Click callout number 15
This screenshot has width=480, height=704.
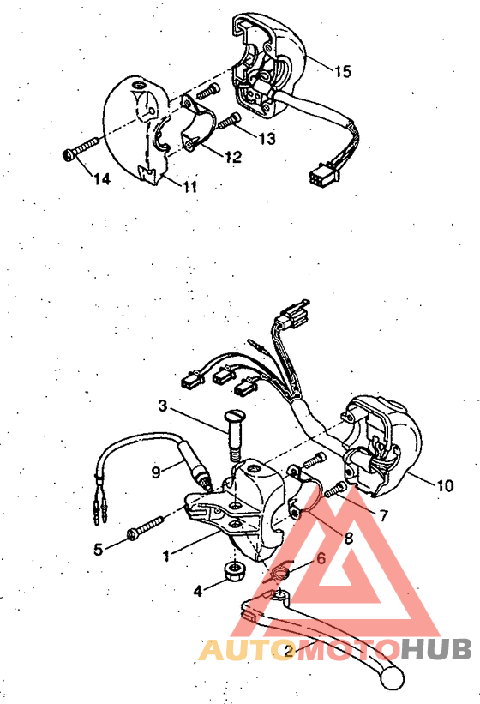pyautogui.click(x=341, y=72)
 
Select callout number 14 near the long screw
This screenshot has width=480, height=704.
pyautogui.click(x=102, y=179)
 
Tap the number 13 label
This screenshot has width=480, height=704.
pyautogui.click(x=266, y=138)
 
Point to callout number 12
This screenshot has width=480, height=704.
pyautogui.click(x=232, y=158)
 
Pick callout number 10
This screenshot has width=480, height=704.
pyautogui.click(x=444, y=485)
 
